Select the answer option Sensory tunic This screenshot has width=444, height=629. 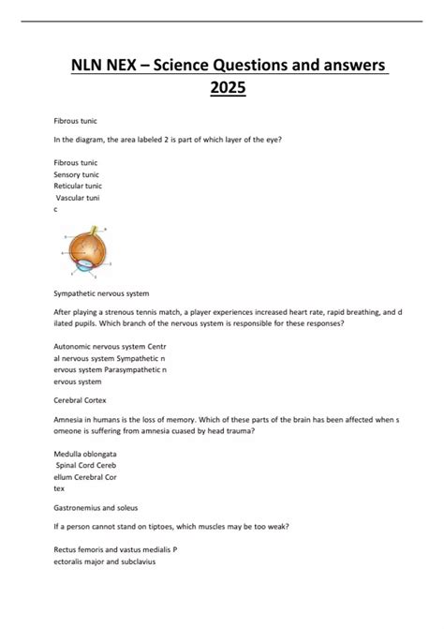pyautogui.click(x=78, y=174)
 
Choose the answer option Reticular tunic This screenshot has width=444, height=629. pyautogui.click(x=80, y=186)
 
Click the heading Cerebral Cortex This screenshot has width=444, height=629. pyautogui.click(x=79, y=397)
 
